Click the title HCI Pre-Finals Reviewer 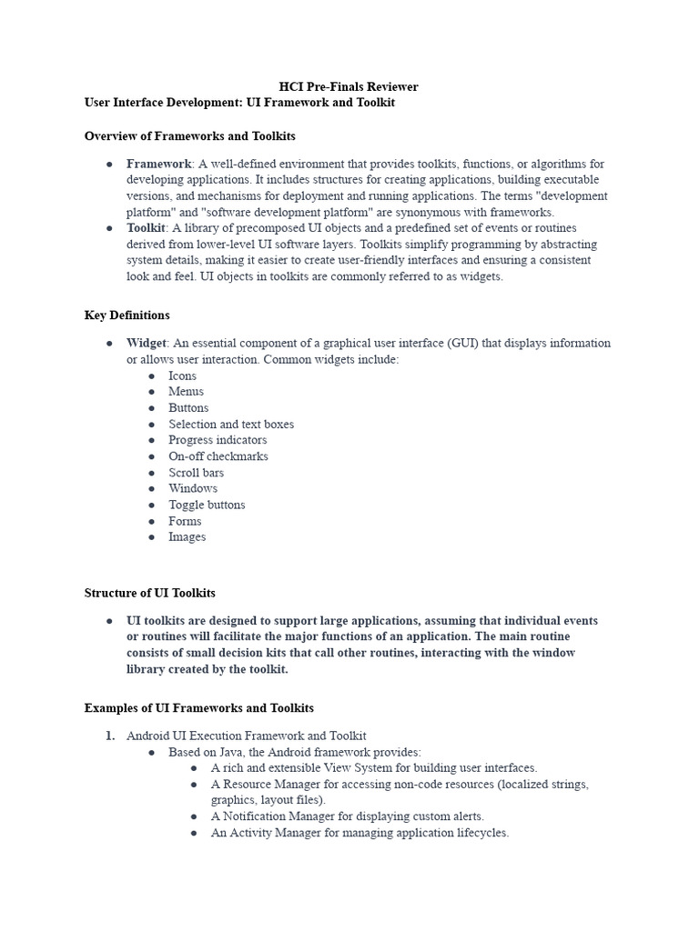click(x=349, y=86)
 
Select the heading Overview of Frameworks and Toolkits click(x=189, y=135)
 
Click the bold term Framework click(x=158, y=164)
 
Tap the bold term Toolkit click(x=146, y=227)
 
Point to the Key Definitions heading click(x=127, y=315)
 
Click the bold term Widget click(x=146, y=343)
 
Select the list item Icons click(x=182, y=375)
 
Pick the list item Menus click(x=186, y=391)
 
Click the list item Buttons click(x=188, y=407)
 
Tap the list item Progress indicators click(x=218, y=440)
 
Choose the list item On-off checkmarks click(x=218, y=456)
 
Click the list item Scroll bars click(x=196, y=473)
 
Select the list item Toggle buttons click(x=207, y=505)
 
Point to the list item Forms click(x=185, y=521)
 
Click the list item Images click(x=187, y=536)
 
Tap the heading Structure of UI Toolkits click(x=150, y=593)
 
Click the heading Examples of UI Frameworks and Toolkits click(x=198, y=707)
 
